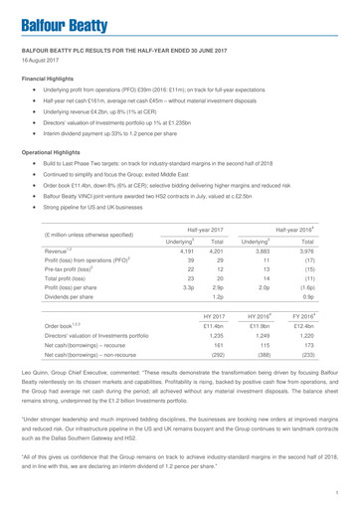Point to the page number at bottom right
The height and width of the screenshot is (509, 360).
coord(338,489)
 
